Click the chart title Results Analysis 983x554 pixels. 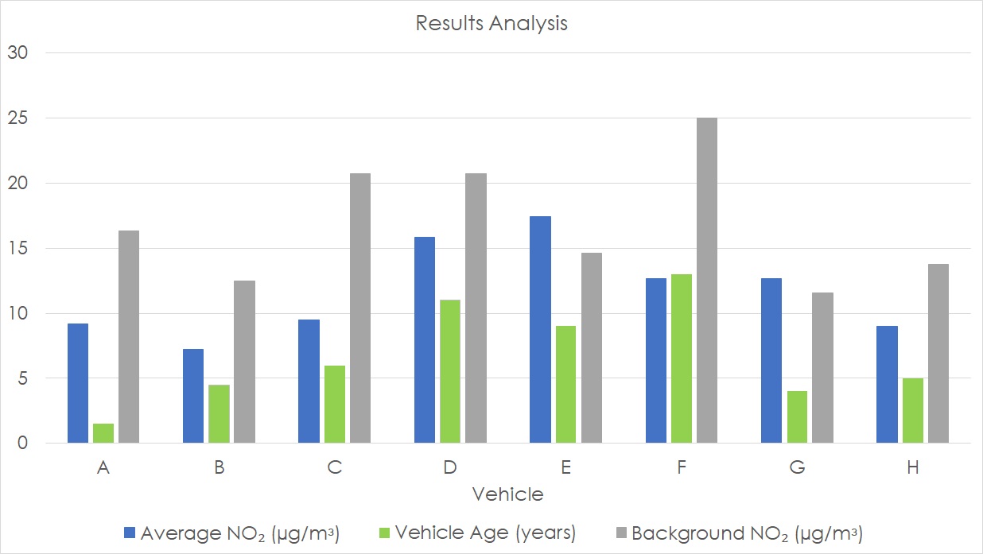pyautogui.click(x=491, y=23)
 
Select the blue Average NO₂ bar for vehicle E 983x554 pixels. pyautogui.click(x=540, y=329)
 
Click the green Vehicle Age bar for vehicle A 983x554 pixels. pyautogui.click(x=103, y=433)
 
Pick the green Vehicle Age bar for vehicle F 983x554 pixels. pyautogui.click(x=682, y=358)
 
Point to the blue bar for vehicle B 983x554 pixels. pyautogui.click(x=193, y=396)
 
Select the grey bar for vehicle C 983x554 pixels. pyautogui.click(x=359, y=308)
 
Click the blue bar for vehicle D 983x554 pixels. pyautogui.click(x=425, y=339)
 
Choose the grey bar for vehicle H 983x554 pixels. pyautogui.click(x=938, y=353)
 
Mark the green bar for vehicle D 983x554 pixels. pyautogui.click(x=450, y=371)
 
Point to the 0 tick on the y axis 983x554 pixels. pyautogui.click(x=23, y=444)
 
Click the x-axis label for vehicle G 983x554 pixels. pyautogui.click(x=797, y=468)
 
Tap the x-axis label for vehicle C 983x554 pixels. pyautogui.click(x=334, y=468)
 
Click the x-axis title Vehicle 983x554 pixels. pyautogui.click(x=507, y=494)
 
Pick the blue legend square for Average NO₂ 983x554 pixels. pyautogui.click(x=129, y=532)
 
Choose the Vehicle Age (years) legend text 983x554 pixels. pyautogui.click(x=485, y=533)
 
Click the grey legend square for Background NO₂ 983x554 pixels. pyautogui.click(x=621, y=532)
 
